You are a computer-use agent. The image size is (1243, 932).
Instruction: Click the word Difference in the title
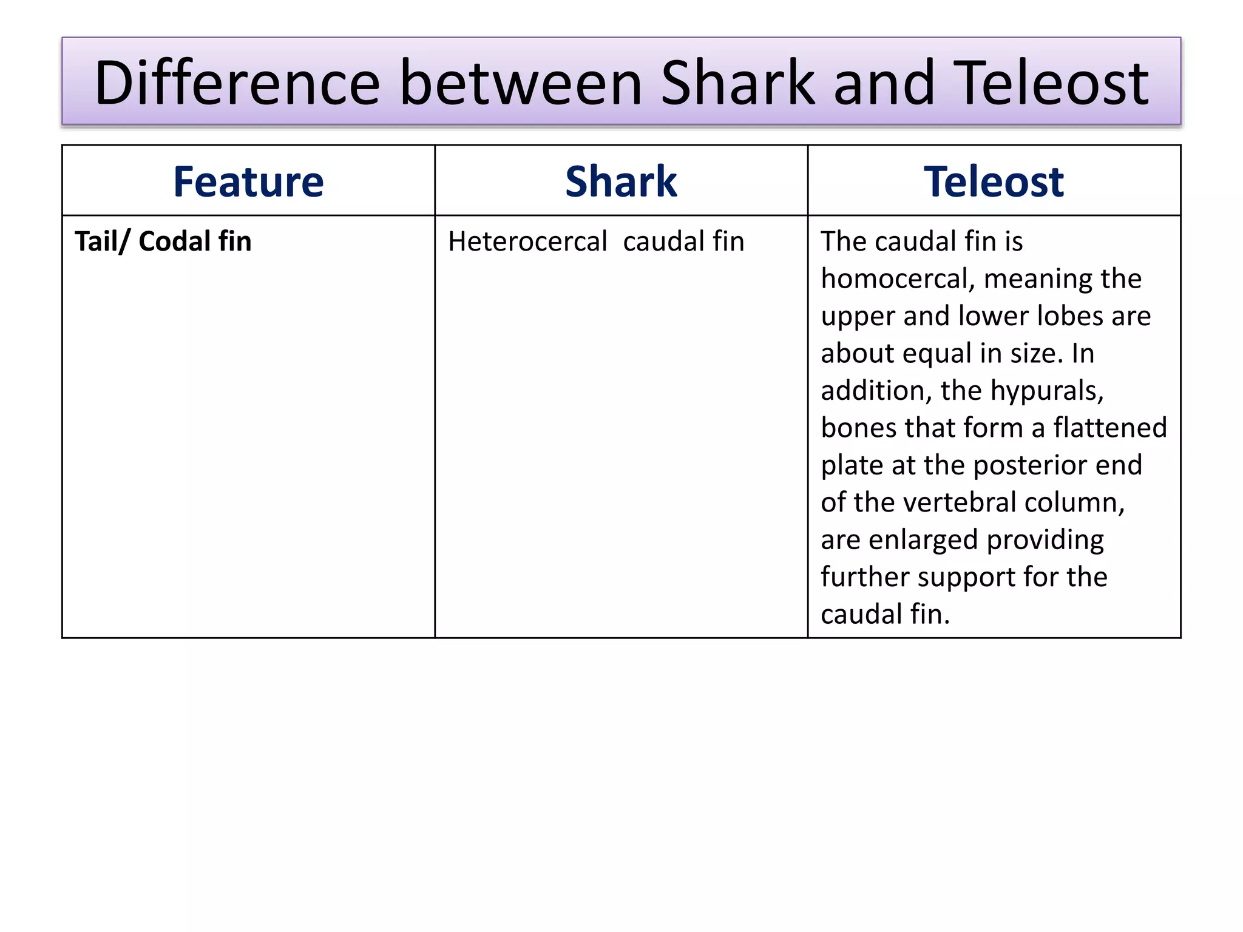click(x=237, y=83)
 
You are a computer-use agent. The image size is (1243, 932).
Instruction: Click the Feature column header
click(x=248, y=181)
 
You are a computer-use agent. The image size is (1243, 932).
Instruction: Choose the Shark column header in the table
click(x=621, y=181)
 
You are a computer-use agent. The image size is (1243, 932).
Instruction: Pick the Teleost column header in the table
click(x=994, y=181)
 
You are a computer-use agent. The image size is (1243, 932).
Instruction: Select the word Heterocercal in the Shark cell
click(x=527, y=241)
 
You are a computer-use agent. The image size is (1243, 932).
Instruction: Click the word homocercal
click(x=898, y=279)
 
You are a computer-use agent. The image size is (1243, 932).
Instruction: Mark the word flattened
click(x=1109, y=428)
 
